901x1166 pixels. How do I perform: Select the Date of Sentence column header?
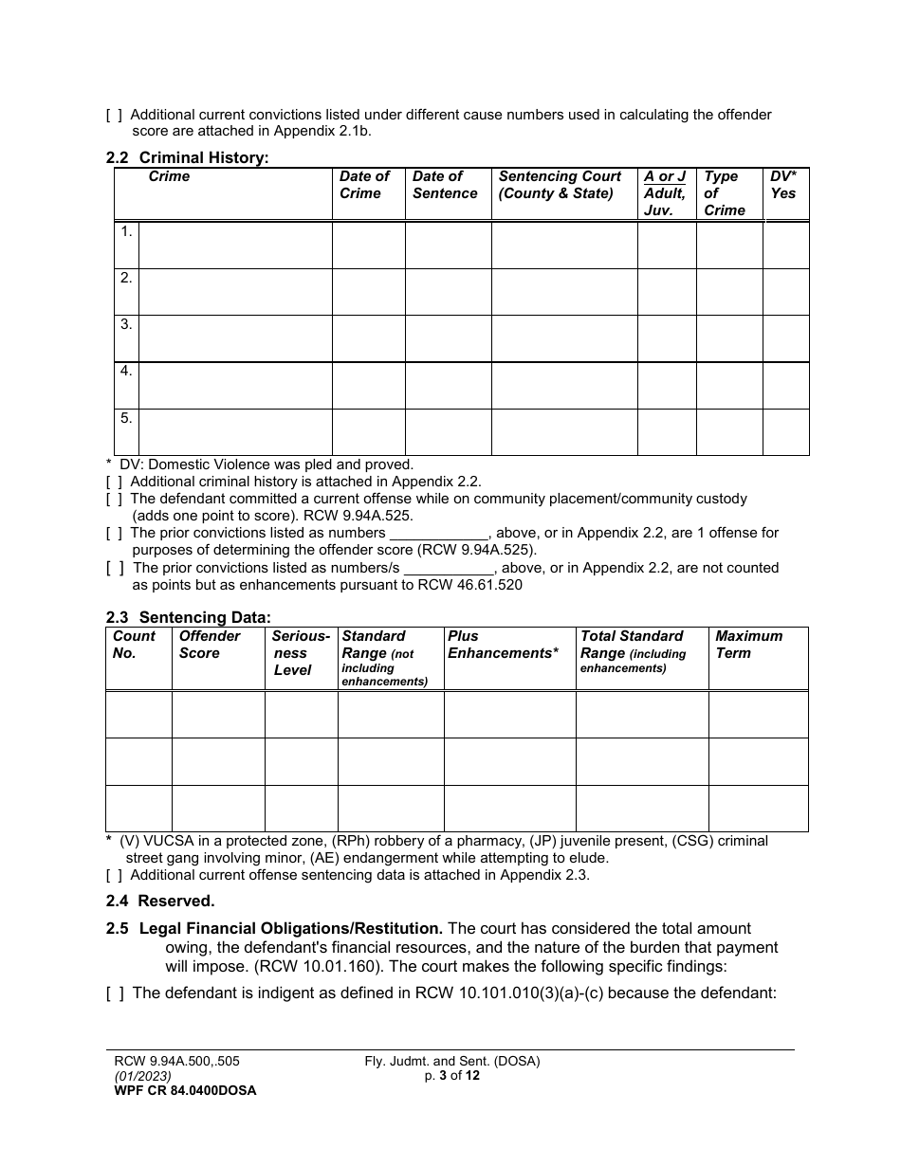pyautogui.click(x=445, y=185)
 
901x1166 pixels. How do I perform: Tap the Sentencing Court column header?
pyautogui.click(x=560, y=185)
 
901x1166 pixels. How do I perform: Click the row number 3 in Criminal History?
pyautogui.click(x=126, y=324)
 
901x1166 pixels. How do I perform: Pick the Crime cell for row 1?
pyautogui.click(x=235, y=246)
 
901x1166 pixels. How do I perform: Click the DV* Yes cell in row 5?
pyautogui.click(x=785, y=431)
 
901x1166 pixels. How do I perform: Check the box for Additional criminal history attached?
pyautogui.click(x=114, y=482)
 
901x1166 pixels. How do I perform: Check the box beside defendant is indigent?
pyautogui.click(x=114, y=993)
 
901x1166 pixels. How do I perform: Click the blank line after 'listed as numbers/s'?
pyautogui.click(x=449, y=568)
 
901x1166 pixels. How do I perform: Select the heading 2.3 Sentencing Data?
pyautogui.click(x=188, y=618)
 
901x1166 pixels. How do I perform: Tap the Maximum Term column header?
pyautogui.click(x=748, y=645)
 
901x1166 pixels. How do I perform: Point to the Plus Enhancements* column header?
pyautogui.click(x=503, y=645)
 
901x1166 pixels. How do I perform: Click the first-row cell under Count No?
pyautogui.click(x=138, y=715)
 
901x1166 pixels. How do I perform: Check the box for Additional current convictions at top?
pyautogui.click(x=114, y=115)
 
